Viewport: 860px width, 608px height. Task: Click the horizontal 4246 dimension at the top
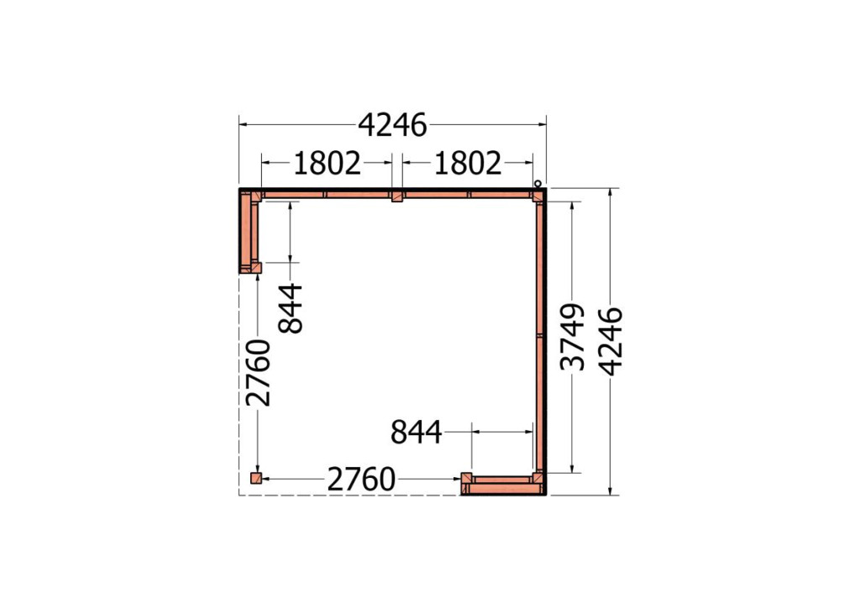(392, 125)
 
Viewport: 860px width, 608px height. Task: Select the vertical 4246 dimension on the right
(611, 342)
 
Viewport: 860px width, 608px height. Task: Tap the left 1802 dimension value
(328, 163)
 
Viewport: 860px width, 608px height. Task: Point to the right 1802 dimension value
(468, 163)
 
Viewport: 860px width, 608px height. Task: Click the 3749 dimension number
(573, 337)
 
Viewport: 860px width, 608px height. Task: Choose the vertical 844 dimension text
(291, 308)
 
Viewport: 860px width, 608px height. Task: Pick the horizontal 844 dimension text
(416, 432)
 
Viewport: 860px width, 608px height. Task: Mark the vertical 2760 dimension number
(259, 373)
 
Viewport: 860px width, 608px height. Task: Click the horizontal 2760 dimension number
(361, 480)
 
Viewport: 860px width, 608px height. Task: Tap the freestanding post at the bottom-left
(255, 478)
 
